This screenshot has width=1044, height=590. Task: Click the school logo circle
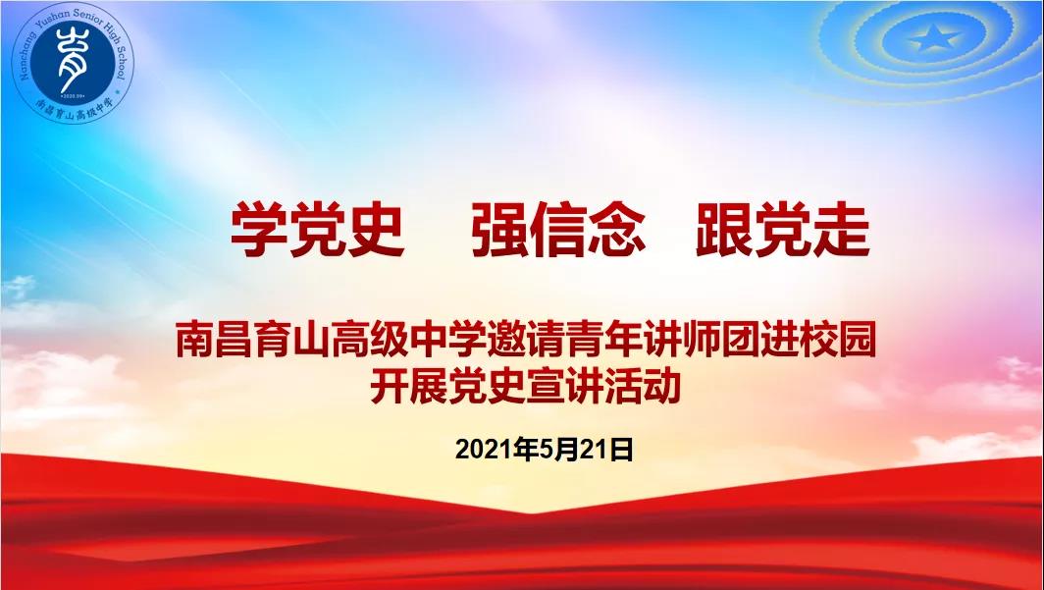73,62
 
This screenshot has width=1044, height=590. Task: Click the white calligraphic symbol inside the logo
69,57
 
